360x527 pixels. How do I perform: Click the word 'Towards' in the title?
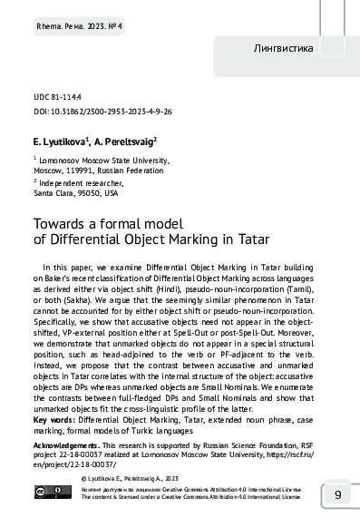[61, 222]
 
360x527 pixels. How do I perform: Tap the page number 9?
[337, 495]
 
